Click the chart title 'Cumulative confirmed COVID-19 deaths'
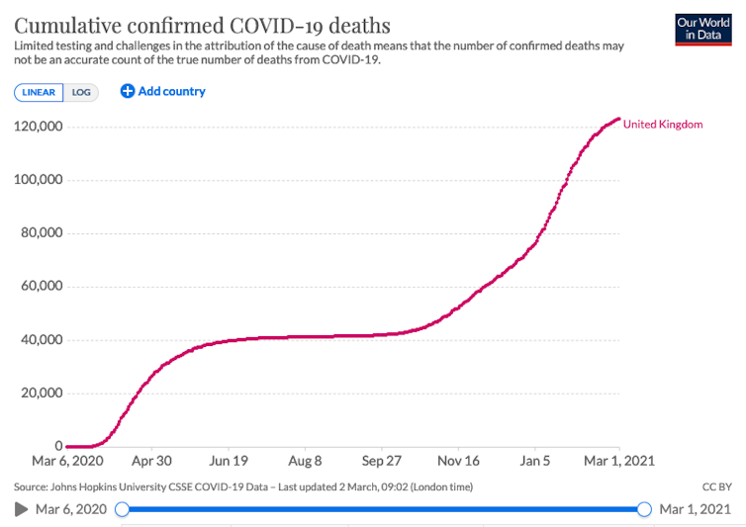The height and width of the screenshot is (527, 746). pyautogui.click(x=202, y=25)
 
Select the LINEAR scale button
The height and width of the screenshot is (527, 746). pyautogui.click(x=40, y=92)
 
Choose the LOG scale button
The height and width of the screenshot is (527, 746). pyautogui.click(x=81, y=92)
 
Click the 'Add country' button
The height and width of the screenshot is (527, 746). pyautogui.click(x=163, y=91)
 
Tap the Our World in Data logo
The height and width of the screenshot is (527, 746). pyautogui.click(x=702, y=29)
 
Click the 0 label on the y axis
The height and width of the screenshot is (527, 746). pyautogui.click(x=58, y=447)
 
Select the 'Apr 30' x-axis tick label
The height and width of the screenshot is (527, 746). pyautogui.click(x=151, y=461)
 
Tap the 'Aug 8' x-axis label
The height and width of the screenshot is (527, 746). pyautogui.click(x=305, y=461)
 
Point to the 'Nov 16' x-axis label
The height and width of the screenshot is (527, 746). pyautogui.click(x=458, y=461)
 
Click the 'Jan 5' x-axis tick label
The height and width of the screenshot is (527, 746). pyautogui.click(x=535, y=461)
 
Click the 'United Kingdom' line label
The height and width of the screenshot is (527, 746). pyautogui.click(x=663, y=125)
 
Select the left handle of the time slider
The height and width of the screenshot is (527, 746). pyautogui.click(x=122, y=509)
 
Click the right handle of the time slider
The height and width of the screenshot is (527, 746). pyautogui.click(x=644, y=509)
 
